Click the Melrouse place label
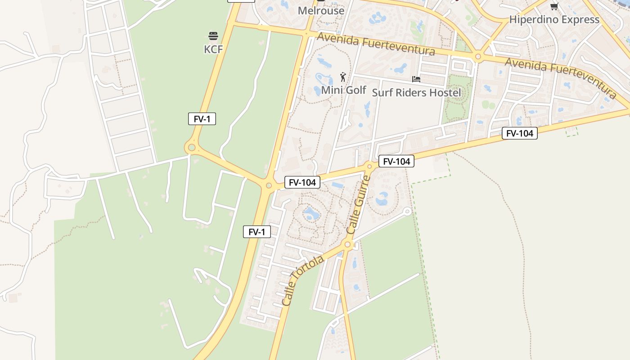321,10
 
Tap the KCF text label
213,49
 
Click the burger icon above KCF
213,36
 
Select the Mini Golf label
344,90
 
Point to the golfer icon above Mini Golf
343,77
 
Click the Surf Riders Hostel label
416,93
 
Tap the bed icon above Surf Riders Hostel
416,79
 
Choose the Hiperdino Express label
554,19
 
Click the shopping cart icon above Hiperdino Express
554,6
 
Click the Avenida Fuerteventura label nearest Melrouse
376,44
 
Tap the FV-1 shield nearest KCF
202,119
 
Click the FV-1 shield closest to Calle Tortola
257,232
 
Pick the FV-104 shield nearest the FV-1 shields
302,182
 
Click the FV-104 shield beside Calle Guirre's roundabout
396,161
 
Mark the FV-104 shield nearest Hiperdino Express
520,133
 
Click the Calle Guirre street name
359,204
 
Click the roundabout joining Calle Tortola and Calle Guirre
347,245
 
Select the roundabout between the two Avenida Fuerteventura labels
478,57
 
